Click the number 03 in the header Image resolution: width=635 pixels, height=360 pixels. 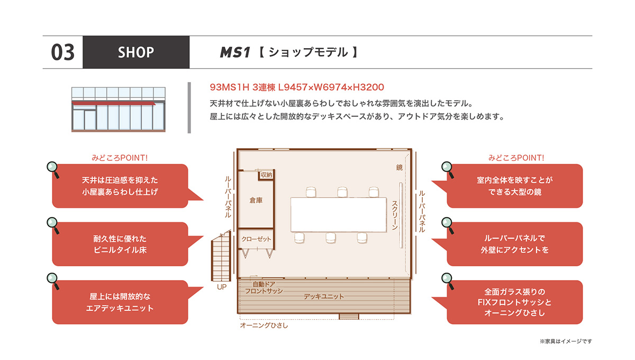(x=62, y=52)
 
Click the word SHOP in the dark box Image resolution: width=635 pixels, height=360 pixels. (x=136, y=52)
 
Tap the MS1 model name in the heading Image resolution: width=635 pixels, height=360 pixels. (x=235, y=52)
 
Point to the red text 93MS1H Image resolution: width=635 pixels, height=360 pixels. (x=229, y=87)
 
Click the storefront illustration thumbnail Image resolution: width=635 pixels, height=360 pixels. (x=119, y=110)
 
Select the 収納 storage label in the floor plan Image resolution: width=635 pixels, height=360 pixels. (x=267, y=175)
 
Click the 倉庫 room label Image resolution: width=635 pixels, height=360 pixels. (x=256, y=201)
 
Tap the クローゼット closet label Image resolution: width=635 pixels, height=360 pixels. (x=256, y=239)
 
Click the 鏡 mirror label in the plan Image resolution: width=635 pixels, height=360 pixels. (x=400, y=168)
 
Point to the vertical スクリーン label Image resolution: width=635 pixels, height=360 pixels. (x=395, y=215)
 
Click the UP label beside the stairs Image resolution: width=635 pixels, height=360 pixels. (x=222, y=287)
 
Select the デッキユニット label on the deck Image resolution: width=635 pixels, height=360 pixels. (x=324, y=297)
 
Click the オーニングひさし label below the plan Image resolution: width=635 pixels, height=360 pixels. (x=264, y=326)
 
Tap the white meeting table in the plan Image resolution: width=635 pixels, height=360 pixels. (x=339, y=215)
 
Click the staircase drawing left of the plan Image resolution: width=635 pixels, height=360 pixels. (x=221, y=256)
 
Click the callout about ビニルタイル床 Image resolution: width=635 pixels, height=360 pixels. (x=120, y=244)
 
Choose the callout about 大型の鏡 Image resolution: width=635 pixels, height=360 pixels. (x=514, y=186)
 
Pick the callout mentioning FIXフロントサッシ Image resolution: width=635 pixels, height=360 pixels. (x=514, y=302)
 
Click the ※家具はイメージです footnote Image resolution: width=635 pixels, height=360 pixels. (x=566, y=341)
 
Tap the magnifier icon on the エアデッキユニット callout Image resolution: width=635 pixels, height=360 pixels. (x=53, y=281)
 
